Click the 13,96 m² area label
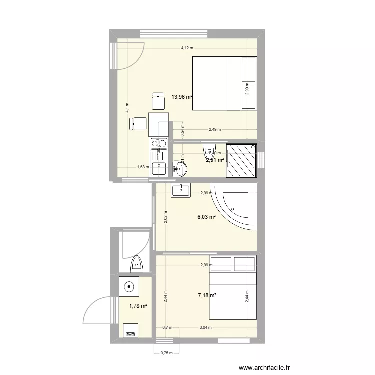coord(182,97)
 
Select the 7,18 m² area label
coord(207,296)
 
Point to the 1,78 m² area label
coord(138,306)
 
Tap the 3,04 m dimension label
coord(205,328)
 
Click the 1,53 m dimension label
coord(143,167)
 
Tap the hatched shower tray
coord(242,160)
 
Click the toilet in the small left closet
coord(136,263)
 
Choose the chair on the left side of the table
coord(138,123)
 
